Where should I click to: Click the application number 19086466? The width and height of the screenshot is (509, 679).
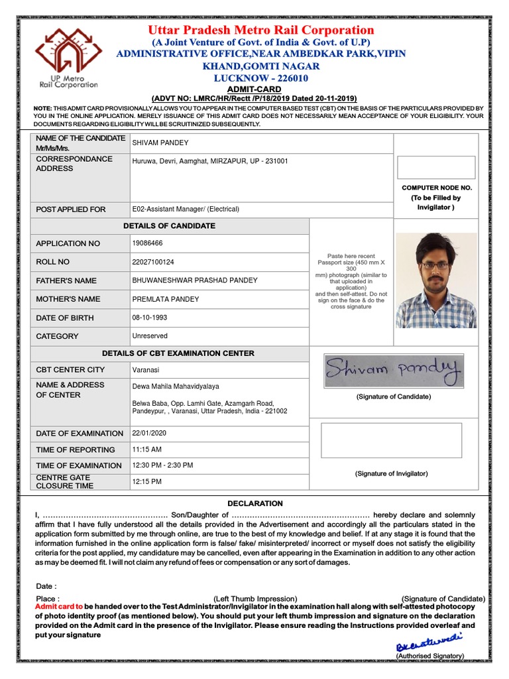coord(148,243)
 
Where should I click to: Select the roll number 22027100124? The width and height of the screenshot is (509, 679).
coord(154,262)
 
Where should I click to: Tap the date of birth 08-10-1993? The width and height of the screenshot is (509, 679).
coord(150,318)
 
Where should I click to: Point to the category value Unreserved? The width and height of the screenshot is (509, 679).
coord(150,336)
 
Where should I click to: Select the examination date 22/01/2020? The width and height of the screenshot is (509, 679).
coord(150,433)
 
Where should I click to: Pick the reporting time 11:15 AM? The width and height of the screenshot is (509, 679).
coord(147,450)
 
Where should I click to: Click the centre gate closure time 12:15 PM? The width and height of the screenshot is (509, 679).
coord(147,481)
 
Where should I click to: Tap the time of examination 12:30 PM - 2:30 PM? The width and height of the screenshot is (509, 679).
coord(162,465)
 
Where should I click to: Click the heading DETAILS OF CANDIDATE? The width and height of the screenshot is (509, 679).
coord(169,226)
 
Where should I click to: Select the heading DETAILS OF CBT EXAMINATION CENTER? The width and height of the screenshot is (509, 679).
coord(178,353)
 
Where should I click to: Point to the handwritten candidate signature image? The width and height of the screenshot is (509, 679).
coord(394,371)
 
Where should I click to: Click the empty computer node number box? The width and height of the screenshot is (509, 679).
coord(435,167)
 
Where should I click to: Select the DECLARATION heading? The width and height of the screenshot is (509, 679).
coord(255,503)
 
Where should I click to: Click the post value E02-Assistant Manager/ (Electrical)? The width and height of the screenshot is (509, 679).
coord(186,209)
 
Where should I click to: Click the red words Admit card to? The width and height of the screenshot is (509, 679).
coord(59,607)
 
